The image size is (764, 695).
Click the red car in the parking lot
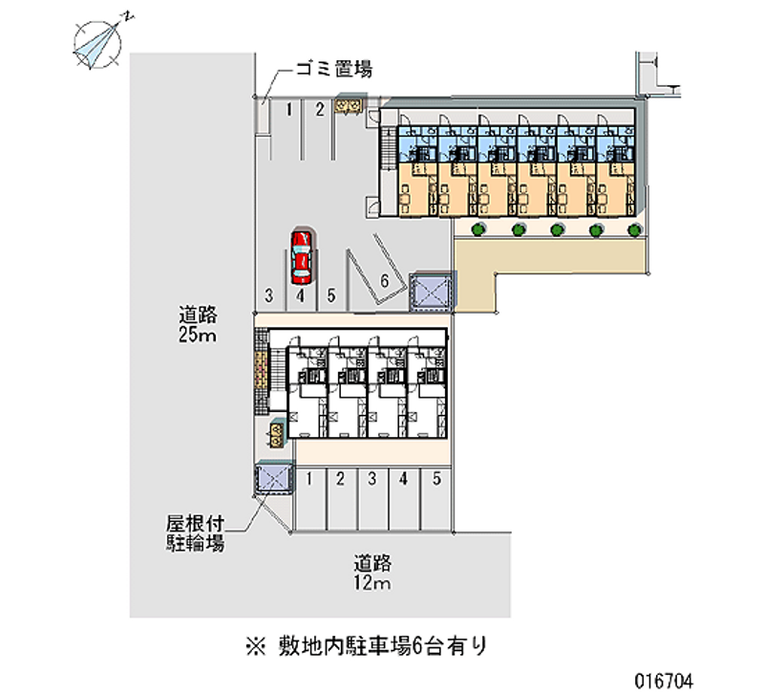tap(301, 256)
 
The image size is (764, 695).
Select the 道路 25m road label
tap(199, 324)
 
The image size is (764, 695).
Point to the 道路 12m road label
tap(372, 573)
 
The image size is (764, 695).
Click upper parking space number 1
tap(288, 110)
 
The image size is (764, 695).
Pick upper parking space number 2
tap(320, 110)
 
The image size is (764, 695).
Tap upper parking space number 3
tap(270, 295)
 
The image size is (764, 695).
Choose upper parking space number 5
tap(331, 295)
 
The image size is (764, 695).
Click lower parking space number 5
tap(436, 479)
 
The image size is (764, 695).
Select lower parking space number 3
tap(371, 479)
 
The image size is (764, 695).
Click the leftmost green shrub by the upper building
tap(478, 229)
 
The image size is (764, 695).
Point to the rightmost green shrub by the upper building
tap(633, 229)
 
